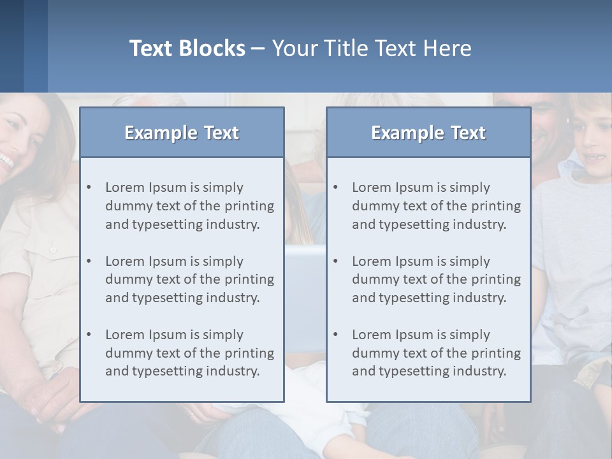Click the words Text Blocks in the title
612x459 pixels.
tap(187, 48)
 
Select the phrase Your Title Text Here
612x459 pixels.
tap(372, 48)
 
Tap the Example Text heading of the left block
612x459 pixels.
tap(182, 133)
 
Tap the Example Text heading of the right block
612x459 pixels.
tap(428, 133)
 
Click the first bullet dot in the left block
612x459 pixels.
tap(89, 187)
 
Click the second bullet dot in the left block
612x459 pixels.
tap(89, 261)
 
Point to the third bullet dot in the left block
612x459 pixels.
tap(89, 335)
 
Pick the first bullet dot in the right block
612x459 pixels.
tap(335, 187)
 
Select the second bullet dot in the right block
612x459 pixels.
tap(335, 261)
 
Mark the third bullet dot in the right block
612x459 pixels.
tap(335, 335)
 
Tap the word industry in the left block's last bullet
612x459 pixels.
tap(232, 371)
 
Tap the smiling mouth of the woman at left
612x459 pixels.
tap(6, 160)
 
